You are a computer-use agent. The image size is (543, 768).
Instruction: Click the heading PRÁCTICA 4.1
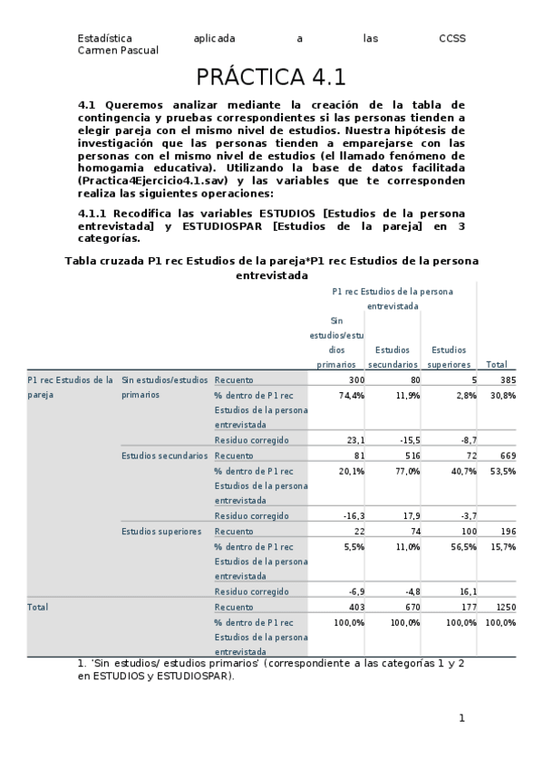pos(271,76)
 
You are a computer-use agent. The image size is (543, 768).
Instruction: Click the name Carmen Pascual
pos(119,51)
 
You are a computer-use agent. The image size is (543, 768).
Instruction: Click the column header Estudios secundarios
pos(393,356)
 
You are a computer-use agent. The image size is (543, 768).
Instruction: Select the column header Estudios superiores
pos(449,356)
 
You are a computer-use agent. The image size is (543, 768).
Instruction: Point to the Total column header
pos(496,364)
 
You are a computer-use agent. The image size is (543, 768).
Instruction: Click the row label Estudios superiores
pos(160,532)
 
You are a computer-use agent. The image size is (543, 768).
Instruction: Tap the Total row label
pos(38,606)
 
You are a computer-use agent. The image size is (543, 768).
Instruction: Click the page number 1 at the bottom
pos(461,718)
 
